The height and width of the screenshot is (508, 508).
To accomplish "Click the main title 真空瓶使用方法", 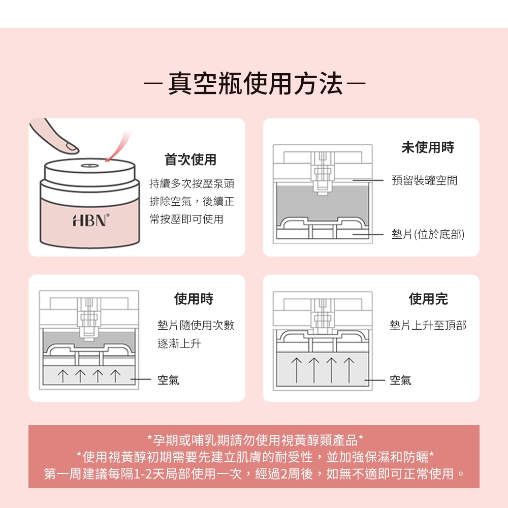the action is click(255, 84).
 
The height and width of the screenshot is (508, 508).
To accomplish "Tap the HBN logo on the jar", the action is click(91, 220).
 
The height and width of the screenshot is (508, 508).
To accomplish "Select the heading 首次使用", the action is click(190, 160).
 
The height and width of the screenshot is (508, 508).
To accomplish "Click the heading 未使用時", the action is click(428, 147).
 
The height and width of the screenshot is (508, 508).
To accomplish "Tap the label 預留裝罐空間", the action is click(424, 180).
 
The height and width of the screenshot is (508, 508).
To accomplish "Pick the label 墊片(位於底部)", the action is click(428, 234).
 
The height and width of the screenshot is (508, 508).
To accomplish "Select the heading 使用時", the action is click(194, 299).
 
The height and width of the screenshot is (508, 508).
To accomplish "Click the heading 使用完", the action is click(428, 299).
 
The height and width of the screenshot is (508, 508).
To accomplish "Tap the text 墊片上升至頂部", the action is click(428, 325).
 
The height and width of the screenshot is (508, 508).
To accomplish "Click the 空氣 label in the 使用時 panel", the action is click(168, 379).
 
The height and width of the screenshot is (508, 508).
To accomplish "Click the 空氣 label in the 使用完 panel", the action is click(400, 379).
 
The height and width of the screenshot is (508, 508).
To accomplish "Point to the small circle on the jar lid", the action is click(90, 166).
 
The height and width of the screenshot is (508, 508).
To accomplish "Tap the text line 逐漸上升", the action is click(179, 343).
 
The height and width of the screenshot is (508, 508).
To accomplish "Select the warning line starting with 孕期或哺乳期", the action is click(256, 439).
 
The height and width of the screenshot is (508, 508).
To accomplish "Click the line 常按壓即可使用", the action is click(186, 219).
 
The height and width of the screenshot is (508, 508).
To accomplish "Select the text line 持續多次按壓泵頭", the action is click(192, 184).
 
